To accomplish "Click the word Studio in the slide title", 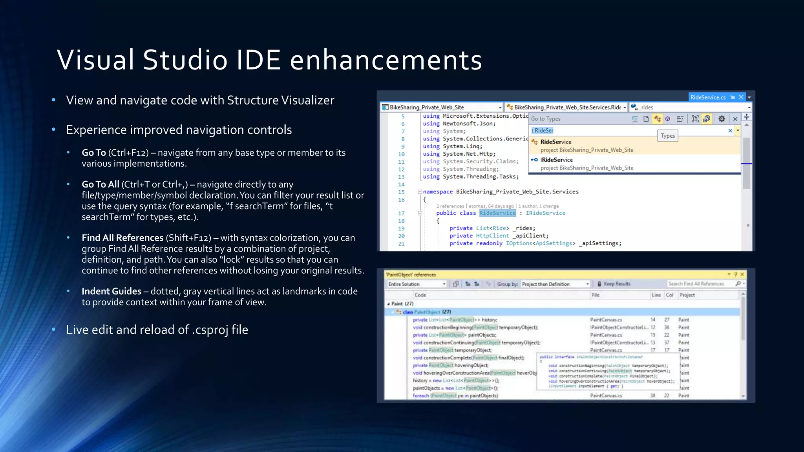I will pos(185,60).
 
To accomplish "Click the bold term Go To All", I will pos(100,184).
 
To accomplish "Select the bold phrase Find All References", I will pos(122,238).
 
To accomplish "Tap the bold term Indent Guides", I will pos(111,291).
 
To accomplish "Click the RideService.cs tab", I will pos(708,97).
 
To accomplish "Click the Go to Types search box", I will pos(628,130).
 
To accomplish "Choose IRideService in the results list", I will pos(557,160).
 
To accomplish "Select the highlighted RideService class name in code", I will pos(497,213).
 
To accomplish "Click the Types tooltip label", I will pos(667,136).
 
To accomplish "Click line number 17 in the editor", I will pos(401,213).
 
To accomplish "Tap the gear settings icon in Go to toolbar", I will pos(722,119).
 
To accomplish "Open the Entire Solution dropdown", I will pos(417,284).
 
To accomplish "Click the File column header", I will pos(596,295).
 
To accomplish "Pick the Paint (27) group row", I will pos(402,304).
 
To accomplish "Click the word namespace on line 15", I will pos(438,192).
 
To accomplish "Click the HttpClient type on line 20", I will pos(492,236).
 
